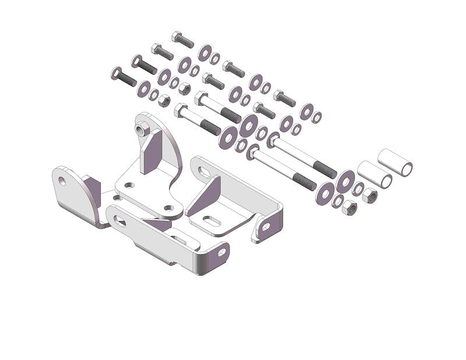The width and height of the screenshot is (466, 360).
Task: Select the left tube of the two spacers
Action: pyautogui.click(x=374, y=174)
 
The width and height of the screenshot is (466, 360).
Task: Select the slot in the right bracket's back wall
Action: pyautogui.click(x=204, y=172)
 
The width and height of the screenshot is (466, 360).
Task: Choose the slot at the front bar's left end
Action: pyautogui.click(x=120, y=220)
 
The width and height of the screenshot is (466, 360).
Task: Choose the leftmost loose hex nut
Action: pyautogui.click(x=164, y=101)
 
